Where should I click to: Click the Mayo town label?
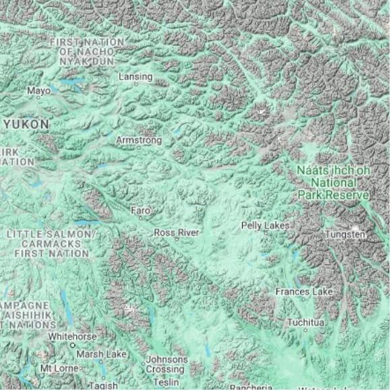tap(38, 90)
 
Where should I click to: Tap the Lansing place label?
tap(136, 77)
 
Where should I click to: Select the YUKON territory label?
tap(26, 125)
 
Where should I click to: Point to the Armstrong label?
tap(139, 140)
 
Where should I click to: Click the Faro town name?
tap(140, 211)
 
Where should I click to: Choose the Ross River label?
tap(177, 233)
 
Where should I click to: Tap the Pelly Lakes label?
tap(266, 225)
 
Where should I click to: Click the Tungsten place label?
tap(345, 235)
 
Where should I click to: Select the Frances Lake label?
tap(304, 292)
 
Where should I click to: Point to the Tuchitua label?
tap(305, 323)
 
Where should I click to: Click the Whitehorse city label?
tap(71, 336)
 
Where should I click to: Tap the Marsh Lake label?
tap(101, 354)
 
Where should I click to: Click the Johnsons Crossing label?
tap(167, 365)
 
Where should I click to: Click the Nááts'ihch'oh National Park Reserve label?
tap(333, 183)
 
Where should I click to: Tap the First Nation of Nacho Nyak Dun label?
tap(87, 51)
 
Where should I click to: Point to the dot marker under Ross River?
tap(177, 239)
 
